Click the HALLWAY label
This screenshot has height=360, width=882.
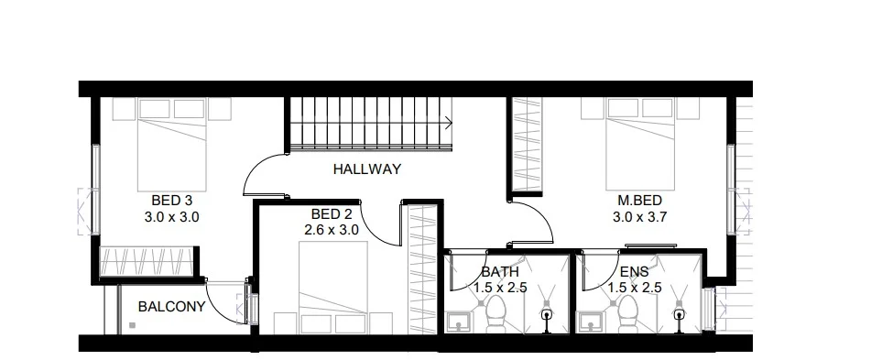click(367, 169)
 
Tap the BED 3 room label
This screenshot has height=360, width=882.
click(171, 200)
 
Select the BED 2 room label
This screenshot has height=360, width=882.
click(331, 213)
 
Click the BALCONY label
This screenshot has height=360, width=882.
click(171, 307)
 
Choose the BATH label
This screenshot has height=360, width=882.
click(500, 272)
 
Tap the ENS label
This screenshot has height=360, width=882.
click(635, 272)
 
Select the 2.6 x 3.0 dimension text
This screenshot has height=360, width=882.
click(331, 230)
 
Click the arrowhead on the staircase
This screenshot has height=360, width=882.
click(449, 120)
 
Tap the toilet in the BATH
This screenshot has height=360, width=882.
click(491, 316)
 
